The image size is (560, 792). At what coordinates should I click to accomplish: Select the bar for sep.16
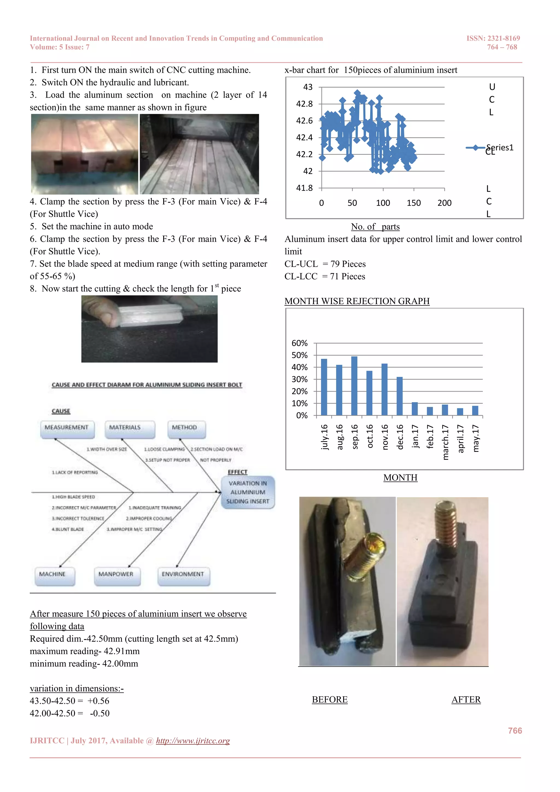[x=354, y=386]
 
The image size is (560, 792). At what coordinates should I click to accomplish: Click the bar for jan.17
[x=415, y=409]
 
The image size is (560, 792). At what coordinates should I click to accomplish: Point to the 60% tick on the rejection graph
[x=299, y=343]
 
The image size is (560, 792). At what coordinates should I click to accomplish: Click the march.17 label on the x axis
[x=445, y=442]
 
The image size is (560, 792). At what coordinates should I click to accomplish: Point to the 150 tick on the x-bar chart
[x=413, y=203]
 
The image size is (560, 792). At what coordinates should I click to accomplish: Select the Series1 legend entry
[x=490, y=148]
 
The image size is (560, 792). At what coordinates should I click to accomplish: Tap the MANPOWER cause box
[x=116, y=574]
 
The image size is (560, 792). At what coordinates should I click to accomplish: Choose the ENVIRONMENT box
[x=183, y=574]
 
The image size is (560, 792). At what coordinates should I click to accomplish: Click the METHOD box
[x=185, y=428]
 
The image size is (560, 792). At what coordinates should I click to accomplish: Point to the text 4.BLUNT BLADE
[x=68, y=529]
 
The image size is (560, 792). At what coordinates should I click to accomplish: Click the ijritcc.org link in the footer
[x=193, y=741]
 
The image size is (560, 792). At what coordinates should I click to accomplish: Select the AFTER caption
[x=466, y=700]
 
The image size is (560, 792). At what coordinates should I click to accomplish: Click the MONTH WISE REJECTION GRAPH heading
[x=357, y=301]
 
